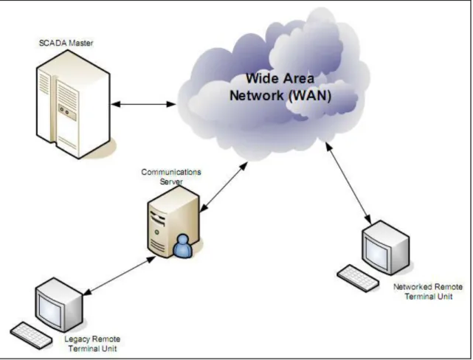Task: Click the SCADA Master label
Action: (66, 43)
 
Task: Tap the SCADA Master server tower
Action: (73, 104)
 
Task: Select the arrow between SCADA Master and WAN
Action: (143, 104)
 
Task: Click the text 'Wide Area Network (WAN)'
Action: (280, 87)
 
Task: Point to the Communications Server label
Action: (171, 177)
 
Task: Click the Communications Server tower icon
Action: (173, 222)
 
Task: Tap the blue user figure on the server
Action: (183, 246)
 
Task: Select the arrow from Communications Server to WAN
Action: (224, 187)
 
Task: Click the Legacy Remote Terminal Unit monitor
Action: (59, 305)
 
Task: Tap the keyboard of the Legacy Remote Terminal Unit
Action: (32, 335)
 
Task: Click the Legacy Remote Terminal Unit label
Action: (92, 344)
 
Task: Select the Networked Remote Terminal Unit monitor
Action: (386, 247)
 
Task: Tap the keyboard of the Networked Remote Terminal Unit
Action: (358, 278)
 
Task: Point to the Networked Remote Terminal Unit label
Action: (428, 291)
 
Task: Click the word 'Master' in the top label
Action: (81, 43)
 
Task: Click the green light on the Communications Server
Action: (157, 232)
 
